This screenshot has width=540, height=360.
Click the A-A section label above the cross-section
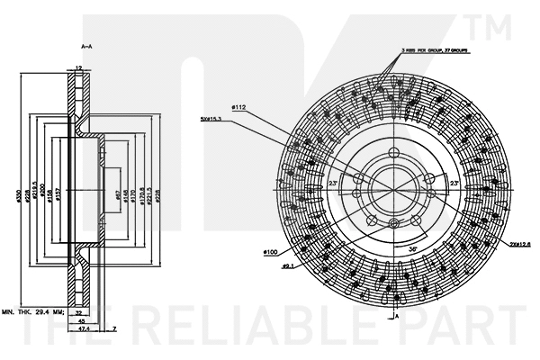tap(87, 44)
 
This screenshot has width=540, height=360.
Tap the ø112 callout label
tap(238, 108)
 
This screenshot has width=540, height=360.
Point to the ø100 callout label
tap(269, 253)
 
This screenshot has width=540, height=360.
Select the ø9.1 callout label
tap(289, 267)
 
